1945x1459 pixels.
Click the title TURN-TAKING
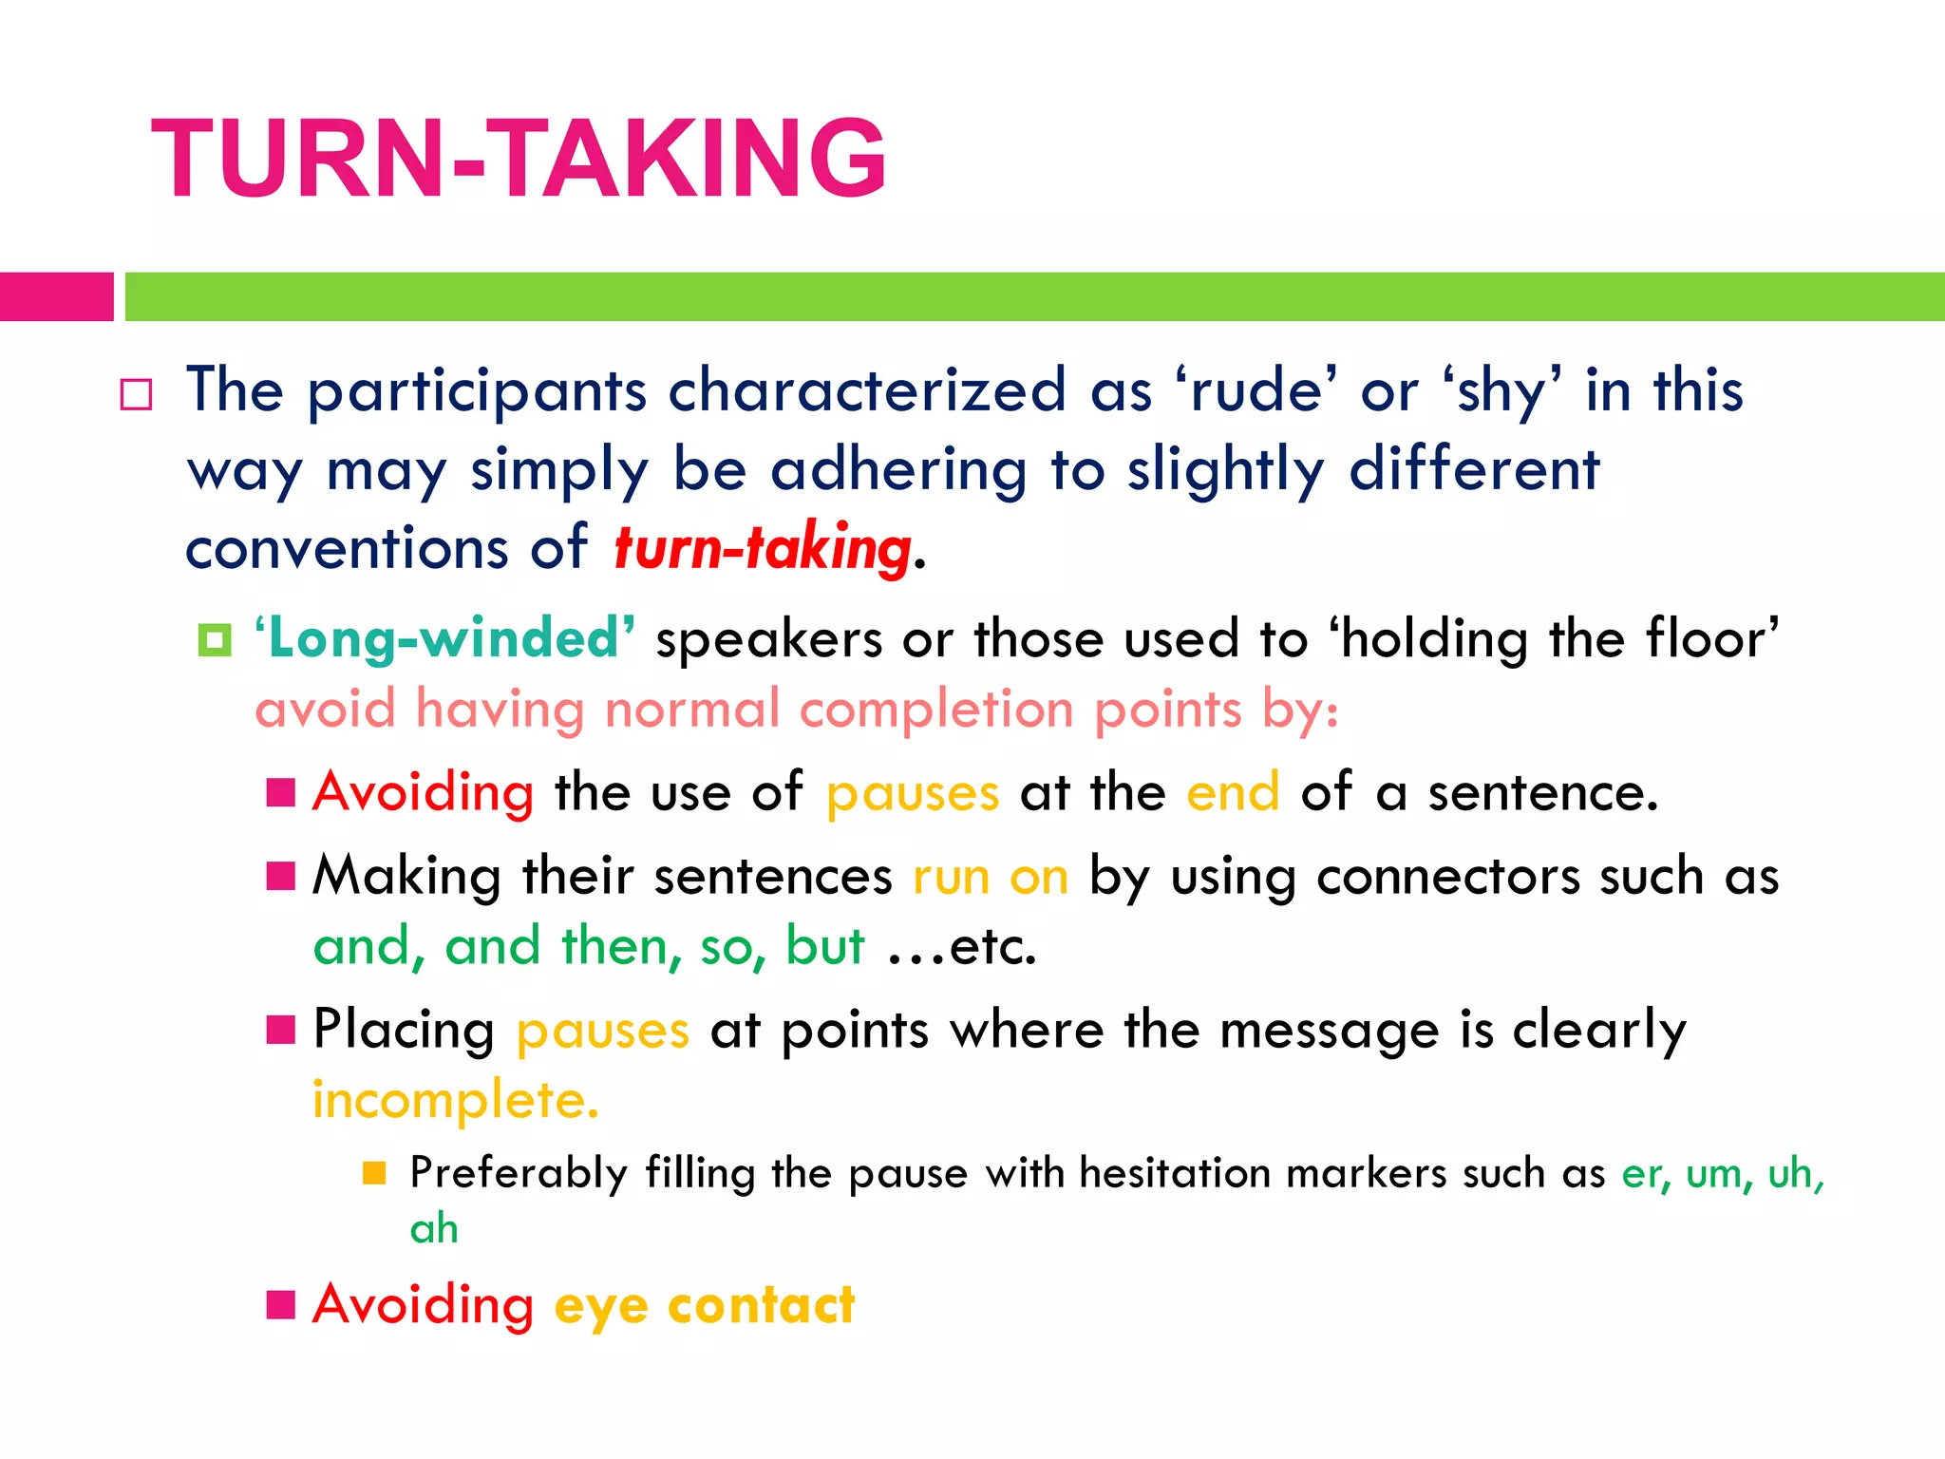(519, 159)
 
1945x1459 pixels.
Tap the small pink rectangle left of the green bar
(56, 296)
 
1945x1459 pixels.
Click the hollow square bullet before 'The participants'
(136, 394)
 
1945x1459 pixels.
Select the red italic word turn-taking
(763, 548)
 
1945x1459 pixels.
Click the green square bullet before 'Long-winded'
(215, 639)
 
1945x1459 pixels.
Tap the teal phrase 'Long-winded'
(444, 637)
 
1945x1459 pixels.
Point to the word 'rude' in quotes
(1256, 390)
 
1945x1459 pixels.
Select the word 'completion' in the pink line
(938, 710)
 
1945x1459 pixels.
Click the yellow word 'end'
(1233, 792)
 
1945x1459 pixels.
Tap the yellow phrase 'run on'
(990, 876)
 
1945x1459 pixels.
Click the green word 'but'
(824, 946)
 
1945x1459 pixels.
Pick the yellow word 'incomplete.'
(456, 1101)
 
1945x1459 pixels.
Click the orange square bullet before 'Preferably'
(374, 1173)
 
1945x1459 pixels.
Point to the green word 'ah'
(434, 1229)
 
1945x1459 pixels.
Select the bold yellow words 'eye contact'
(704, 1305)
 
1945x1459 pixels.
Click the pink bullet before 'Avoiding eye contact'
(281, 1304)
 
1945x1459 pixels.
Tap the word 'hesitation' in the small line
(1175, 1173)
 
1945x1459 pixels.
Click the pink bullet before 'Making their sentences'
(281, 875)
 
